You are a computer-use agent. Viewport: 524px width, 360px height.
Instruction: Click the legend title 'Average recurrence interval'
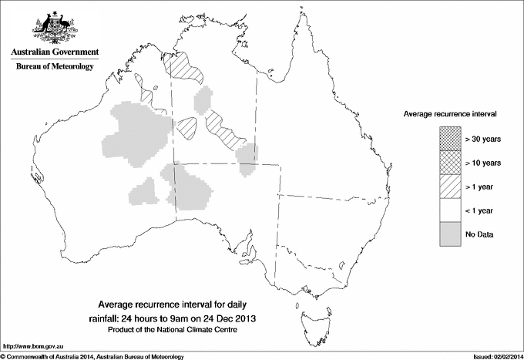click(x=449, y=113)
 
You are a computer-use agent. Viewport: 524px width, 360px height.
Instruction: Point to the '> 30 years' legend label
click(x=483, y=140)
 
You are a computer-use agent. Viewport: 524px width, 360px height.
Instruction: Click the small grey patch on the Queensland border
click(x=247, y=159)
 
